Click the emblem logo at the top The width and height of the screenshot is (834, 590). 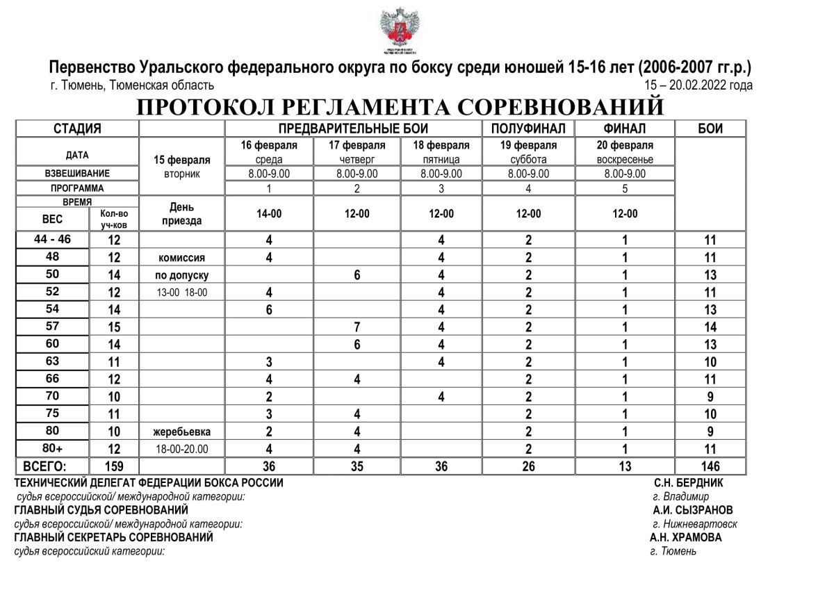399,29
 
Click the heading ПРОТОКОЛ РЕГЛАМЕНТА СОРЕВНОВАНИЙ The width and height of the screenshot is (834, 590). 400,108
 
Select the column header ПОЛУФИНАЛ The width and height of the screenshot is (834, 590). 528,129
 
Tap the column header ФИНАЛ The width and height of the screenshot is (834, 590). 625,129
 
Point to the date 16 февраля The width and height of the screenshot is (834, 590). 269,146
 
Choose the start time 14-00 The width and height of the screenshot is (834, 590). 269,214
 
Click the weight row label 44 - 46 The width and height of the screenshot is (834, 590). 52,240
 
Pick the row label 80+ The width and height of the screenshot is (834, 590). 52,448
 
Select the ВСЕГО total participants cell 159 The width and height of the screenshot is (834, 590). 114,466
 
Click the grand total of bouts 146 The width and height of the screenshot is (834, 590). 710,466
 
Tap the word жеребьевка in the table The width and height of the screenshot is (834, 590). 182,432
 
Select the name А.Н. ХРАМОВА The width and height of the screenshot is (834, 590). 686,538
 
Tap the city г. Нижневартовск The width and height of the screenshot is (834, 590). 695,524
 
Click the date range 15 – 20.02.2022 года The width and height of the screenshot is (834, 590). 698,85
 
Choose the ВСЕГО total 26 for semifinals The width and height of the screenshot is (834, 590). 528,466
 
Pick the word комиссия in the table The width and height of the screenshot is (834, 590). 182,257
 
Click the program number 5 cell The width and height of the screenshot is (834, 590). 625,188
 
